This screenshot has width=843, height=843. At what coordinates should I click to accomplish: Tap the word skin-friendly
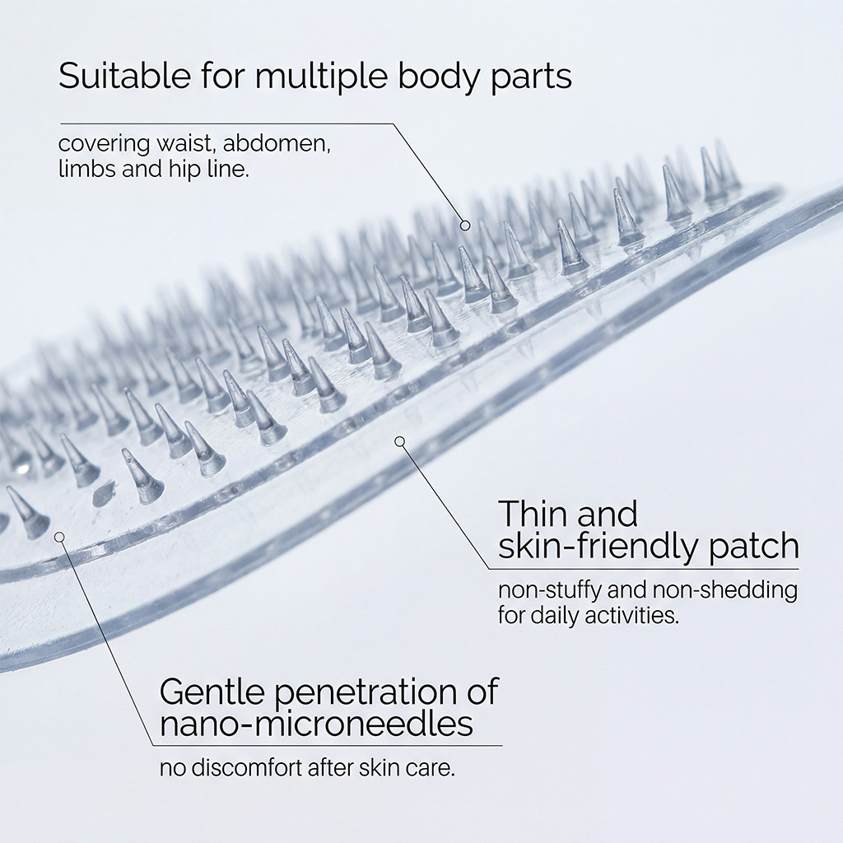click(x=599, y=546)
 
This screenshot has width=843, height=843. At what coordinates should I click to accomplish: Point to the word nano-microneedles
click(x=316, y=724)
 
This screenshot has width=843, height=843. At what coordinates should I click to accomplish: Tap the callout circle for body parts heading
click(x=465, y=225)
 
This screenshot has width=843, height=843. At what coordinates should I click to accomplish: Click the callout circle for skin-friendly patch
click(x=400, y=441)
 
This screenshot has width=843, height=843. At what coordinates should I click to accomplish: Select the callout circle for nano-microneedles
click(x=59, y=537)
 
